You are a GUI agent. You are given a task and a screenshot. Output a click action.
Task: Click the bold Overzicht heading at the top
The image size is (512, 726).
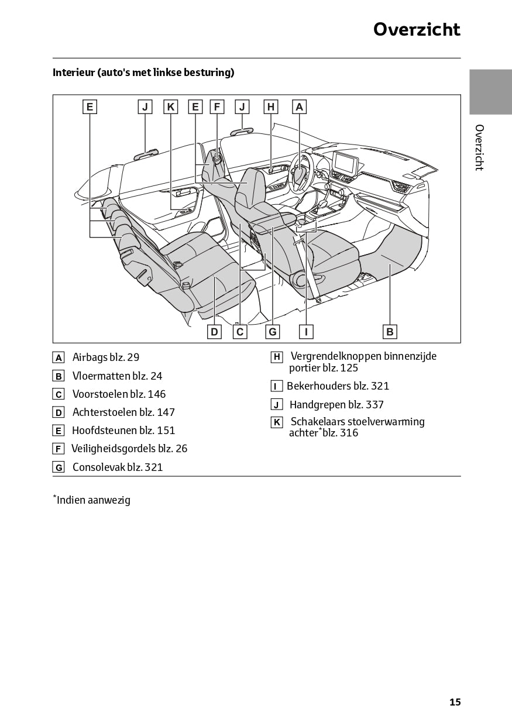[417, 29]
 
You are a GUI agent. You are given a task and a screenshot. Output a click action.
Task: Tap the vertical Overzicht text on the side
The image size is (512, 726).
[479, 147]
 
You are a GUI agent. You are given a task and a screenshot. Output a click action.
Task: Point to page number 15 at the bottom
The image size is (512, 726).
[455, 702]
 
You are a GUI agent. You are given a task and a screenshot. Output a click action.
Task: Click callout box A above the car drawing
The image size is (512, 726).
[299, 106]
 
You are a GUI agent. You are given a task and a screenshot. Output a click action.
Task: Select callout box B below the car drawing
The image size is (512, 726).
[390, 332]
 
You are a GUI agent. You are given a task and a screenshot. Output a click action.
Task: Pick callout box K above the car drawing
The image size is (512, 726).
[170, 106]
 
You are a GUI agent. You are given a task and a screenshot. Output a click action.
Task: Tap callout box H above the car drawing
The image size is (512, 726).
[270, 106]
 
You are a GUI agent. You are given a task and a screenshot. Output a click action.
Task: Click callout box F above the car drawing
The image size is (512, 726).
[217, 106]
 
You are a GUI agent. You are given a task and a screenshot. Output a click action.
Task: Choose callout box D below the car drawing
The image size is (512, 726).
[215, 332]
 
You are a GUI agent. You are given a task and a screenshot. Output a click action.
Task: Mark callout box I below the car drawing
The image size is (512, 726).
[306, 332]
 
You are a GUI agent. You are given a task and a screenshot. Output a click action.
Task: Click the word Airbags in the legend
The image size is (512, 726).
[90, 357]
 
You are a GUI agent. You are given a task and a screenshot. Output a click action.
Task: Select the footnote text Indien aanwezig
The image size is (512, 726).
[93, 500]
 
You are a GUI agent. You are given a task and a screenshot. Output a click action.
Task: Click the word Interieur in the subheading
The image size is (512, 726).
[73, 73]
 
